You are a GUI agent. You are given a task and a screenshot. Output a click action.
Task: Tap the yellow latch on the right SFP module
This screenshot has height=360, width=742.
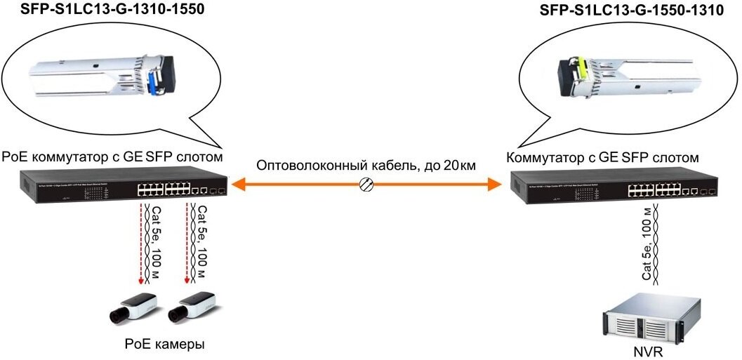[x=581, y=69]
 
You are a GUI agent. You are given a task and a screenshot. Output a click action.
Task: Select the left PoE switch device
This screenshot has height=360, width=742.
[x=124, y=186]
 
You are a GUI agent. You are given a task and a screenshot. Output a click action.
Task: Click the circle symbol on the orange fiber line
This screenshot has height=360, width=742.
[x=365, y=185]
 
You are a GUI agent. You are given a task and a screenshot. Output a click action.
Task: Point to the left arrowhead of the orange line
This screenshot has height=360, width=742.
[x=239, y=185]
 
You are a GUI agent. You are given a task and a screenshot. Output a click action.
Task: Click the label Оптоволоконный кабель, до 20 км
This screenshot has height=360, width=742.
[x=366, y=166]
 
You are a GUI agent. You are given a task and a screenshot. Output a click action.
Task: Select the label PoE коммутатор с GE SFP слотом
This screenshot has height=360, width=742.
[x=113, y=156]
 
